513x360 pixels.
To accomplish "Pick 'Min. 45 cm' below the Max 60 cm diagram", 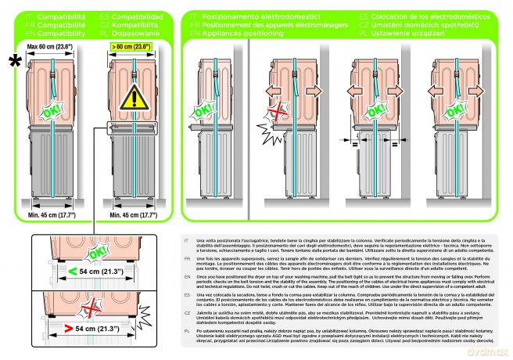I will coord(52,214).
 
